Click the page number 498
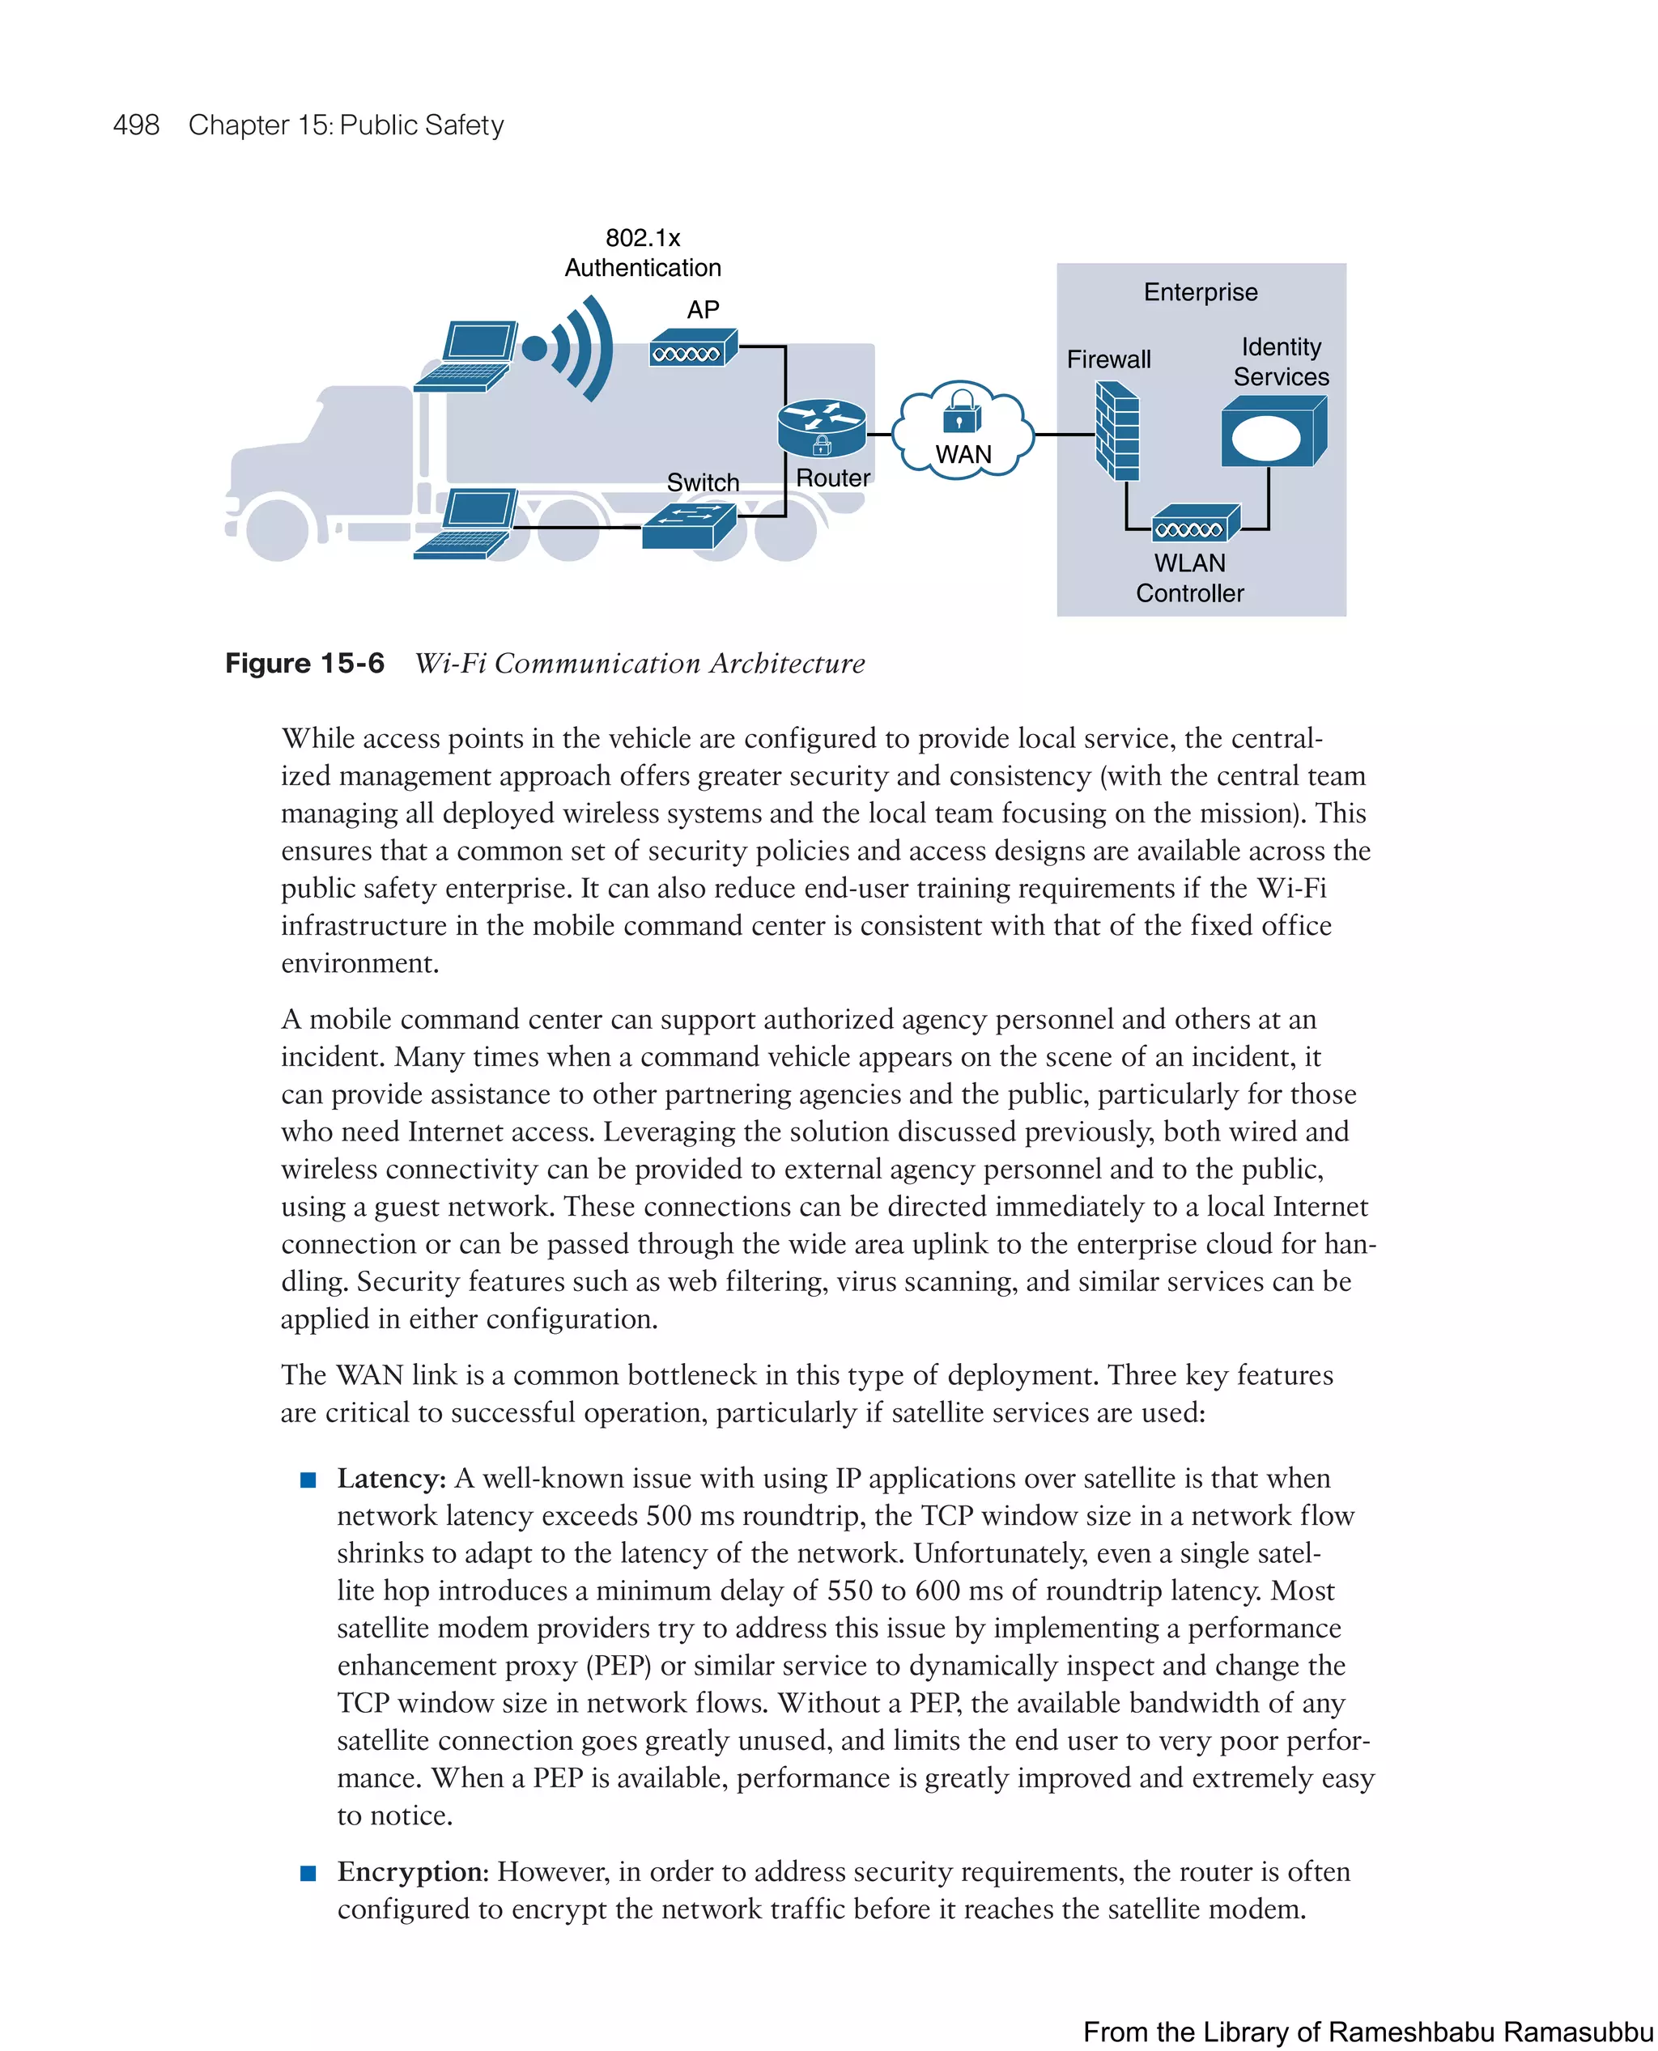[136, 125]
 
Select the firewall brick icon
[1116, 431]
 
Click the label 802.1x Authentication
[643, 253]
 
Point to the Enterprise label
[1201, 292]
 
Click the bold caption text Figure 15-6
[304, 663]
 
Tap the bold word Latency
[391, 1478]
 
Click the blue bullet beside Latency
[308, 1480]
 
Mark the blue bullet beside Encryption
[308, 1874]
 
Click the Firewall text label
[1109, 360]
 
